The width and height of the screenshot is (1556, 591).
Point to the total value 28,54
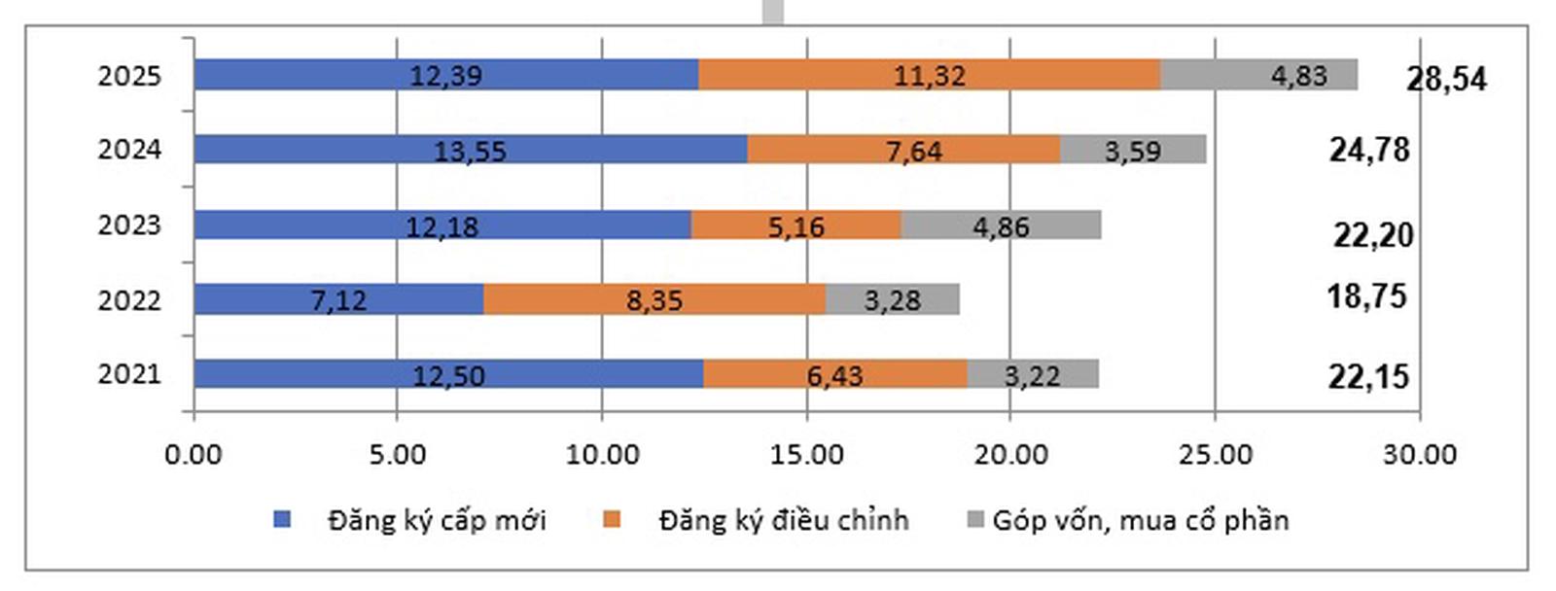(1446, 79)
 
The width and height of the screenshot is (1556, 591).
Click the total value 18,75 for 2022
(1366, 295)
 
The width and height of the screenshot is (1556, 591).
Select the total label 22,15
(1368, 376)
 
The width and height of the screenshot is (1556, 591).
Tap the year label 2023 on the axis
(128, 226)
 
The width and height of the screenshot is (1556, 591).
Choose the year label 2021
(128, 374)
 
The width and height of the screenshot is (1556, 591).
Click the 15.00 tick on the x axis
(806, 454)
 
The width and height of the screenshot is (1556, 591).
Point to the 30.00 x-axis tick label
(1420, 454)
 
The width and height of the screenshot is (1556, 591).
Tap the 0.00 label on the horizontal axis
(194, 454)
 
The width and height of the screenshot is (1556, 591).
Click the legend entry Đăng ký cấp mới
(437, 520)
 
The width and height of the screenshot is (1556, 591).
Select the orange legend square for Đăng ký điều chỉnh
(612, 520)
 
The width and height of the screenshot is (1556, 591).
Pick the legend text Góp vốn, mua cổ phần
(1140, 520)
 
